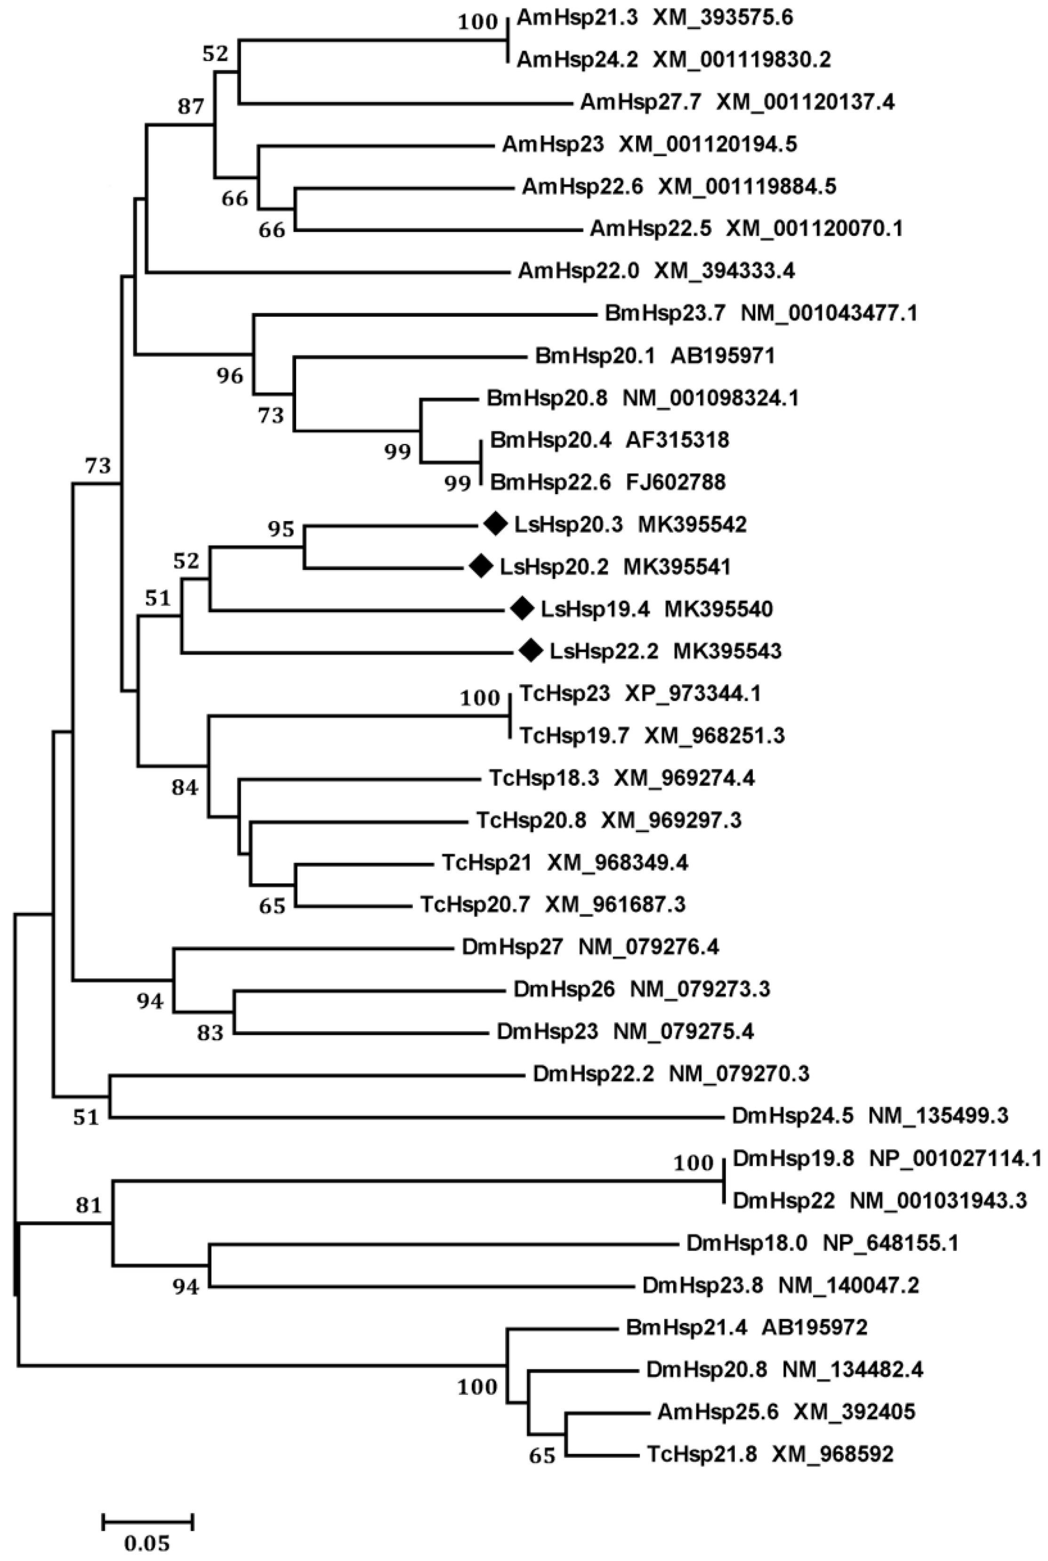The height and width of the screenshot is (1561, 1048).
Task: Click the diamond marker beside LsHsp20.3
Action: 495,524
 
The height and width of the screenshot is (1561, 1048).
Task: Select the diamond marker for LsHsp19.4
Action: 522,608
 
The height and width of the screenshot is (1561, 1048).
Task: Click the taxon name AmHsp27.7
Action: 640,102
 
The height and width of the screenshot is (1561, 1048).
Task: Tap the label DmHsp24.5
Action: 793,1115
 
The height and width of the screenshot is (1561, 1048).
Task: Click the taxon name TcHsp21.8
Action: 702,1454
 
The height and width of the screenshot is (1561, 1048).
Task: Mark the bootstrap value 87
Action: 191,107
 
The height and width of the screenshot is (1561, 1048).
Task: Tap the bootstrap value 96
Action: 230,376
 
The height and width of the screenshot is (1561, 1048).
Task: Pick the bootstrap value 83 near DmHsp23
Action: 210,1033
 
